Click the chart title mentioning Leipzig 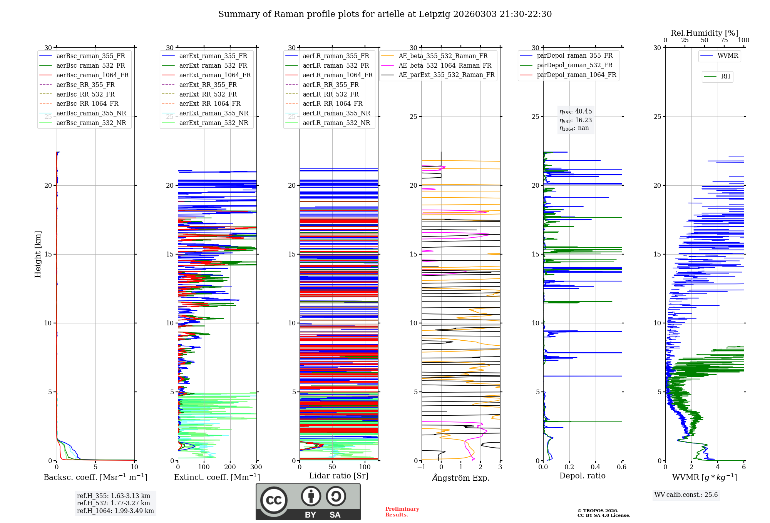pos(385,14)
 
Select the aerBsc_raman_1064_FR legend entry pos(92,75)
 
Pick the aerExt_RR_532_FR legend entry pos(208,94)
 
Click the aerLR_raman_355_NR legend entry pos(336,113)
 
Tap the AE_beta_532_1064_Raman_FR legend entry pos(445,66)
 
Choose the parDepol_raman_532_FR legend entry pos(574,65)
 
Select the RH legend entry pos(725,77)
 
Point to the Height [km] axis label pos(38,254)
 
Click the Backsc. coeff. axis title pos(95,477)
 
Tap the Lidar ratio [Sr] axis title pos(339,476)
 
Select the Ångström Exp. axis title pos(461,478)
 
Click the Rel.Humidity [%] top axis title pos(704,33)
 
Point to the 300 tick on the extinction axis pos(256,467)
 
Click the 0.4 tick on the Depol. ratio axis pos(595,467)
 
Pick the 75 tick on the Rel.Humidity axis pos(724,40)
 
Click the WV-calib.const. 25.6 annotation pos(686,495)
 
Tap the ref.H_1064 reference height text pos(115,511)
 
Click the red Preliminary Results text pos(402,512)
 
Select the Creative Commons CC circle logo pos(274,500)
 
